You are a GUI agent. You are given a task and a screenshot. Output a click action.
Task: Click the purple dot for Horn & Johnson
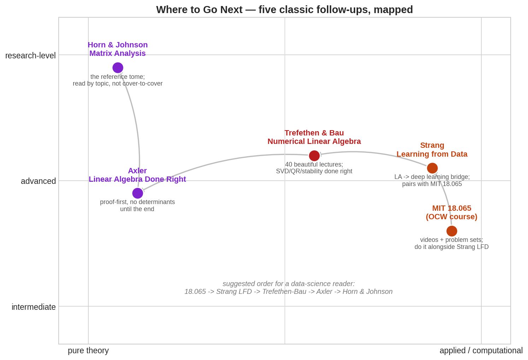pos(118,68)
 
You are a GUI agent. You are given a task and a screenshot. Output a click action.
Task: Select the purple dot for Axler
pos(138,193)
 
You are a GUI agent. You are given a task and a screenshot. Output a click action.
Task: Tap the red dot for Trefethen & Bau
pos(314,156)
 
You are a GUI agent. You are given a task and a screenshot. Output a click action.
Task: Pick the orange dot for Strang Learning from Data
pos(432,168)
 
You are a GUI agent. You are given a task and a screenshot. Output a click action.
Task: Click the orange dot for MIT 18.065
pos(452,231)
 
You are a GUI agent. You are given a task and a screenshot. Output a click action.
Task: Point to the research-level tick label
pos(30,56)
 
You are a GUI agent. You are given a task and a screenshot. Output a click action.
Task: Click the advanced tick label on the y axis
pos(39,181)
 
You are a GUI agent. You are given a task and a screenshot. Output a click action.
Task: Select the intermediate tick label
pos(34,307)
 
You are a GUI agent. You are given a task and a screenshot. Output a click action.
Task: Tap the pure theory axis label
pos(88,350)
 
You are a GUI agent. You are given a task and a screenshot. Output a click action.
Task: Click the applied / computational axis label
pos(481,350)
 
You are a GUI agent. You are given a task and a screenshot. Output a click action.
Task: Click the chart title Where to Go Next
pos(284,10)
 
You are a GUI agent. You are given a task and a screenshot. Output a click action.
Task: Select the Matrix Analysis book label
pos(118,53)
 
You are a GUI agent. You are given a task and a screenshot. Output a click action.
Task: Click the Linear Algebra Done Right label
pos(137,179)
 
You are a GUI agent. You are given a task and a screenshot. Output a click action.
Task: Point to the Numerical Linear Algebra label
pos(314,141)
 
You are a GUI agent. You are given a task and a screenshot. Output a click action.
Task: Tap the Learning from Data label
pos(432,154)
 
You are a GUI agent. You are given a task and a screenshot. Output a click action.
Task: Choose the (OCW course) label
pos(452,217)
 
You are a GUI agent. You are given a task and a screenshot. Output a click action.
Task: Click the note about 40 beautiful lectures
pos(314,168)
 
